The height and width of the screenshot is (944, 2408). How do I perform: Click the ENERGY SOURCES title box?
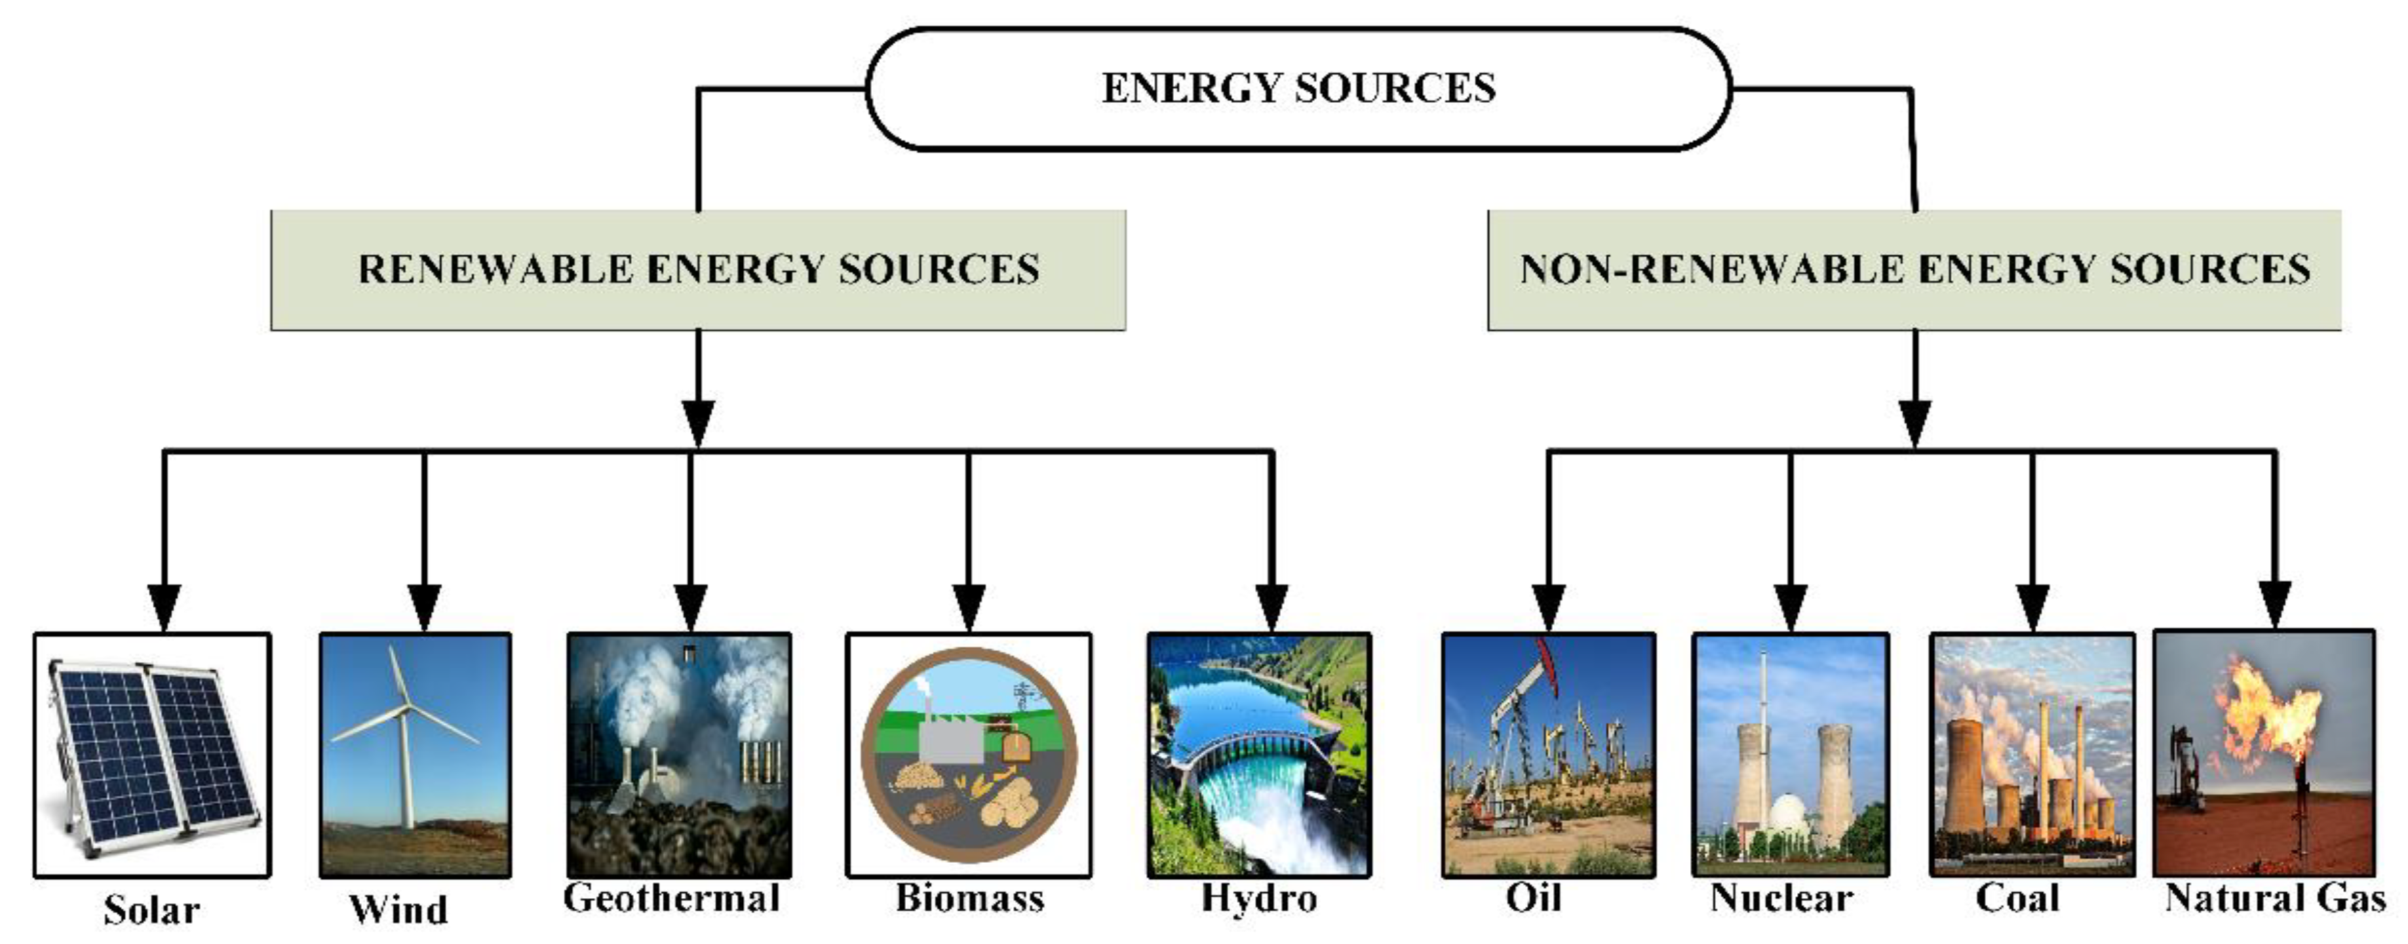tap(1298, 88)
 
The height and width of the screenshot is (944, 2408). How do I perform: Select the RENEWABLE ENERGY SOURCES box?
tap(698, 269)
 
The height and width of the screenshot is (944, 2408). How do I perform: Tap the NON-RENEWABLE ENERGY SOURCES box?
tap(1914, 269)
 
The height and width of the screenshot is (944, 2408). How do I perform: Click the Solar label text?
tap(151, 909)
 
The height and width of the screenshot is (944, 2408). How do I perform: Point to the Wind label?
tap(398, 909)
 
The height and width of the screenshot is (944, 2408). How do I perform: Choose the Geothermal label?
tap(671, 898)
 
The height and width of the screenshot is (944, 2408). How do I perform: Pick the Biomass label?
tap(969, 898)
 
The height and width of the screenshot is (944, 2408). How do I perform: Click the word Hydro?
tap(1259, 898)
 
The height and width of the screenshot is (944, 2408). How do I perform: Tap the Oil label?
tap(1533, 898)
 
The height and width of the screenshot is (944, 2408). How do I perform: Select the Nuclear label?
tap(1781, 898)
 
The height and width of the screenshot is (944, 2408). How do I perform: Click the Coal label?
tap(2017, 898)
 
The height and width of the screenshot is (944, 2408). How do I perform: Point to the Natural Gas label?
tap(2275, 898)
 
